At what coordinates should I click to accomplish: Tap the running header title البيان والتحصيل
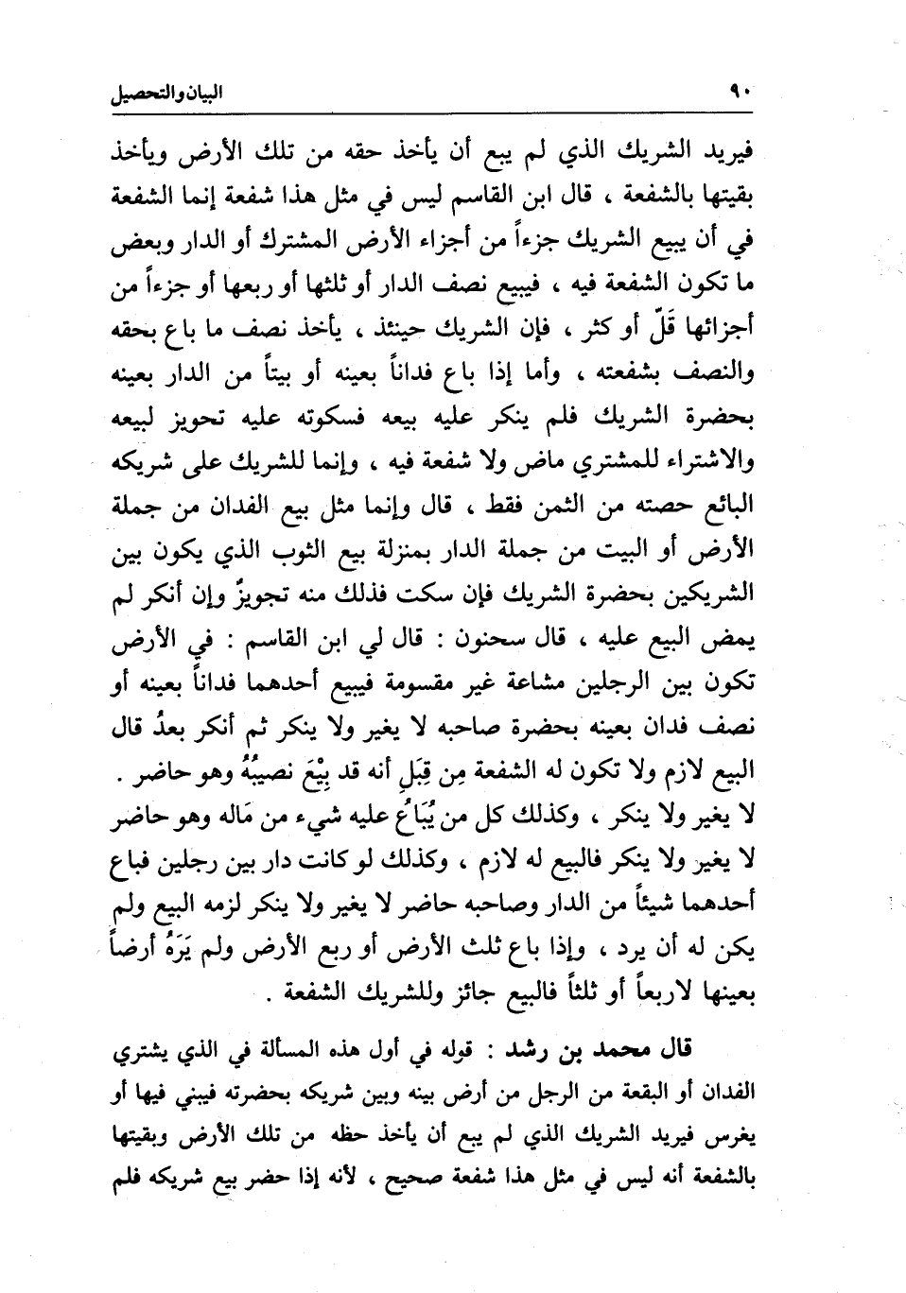click(166, 95)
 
